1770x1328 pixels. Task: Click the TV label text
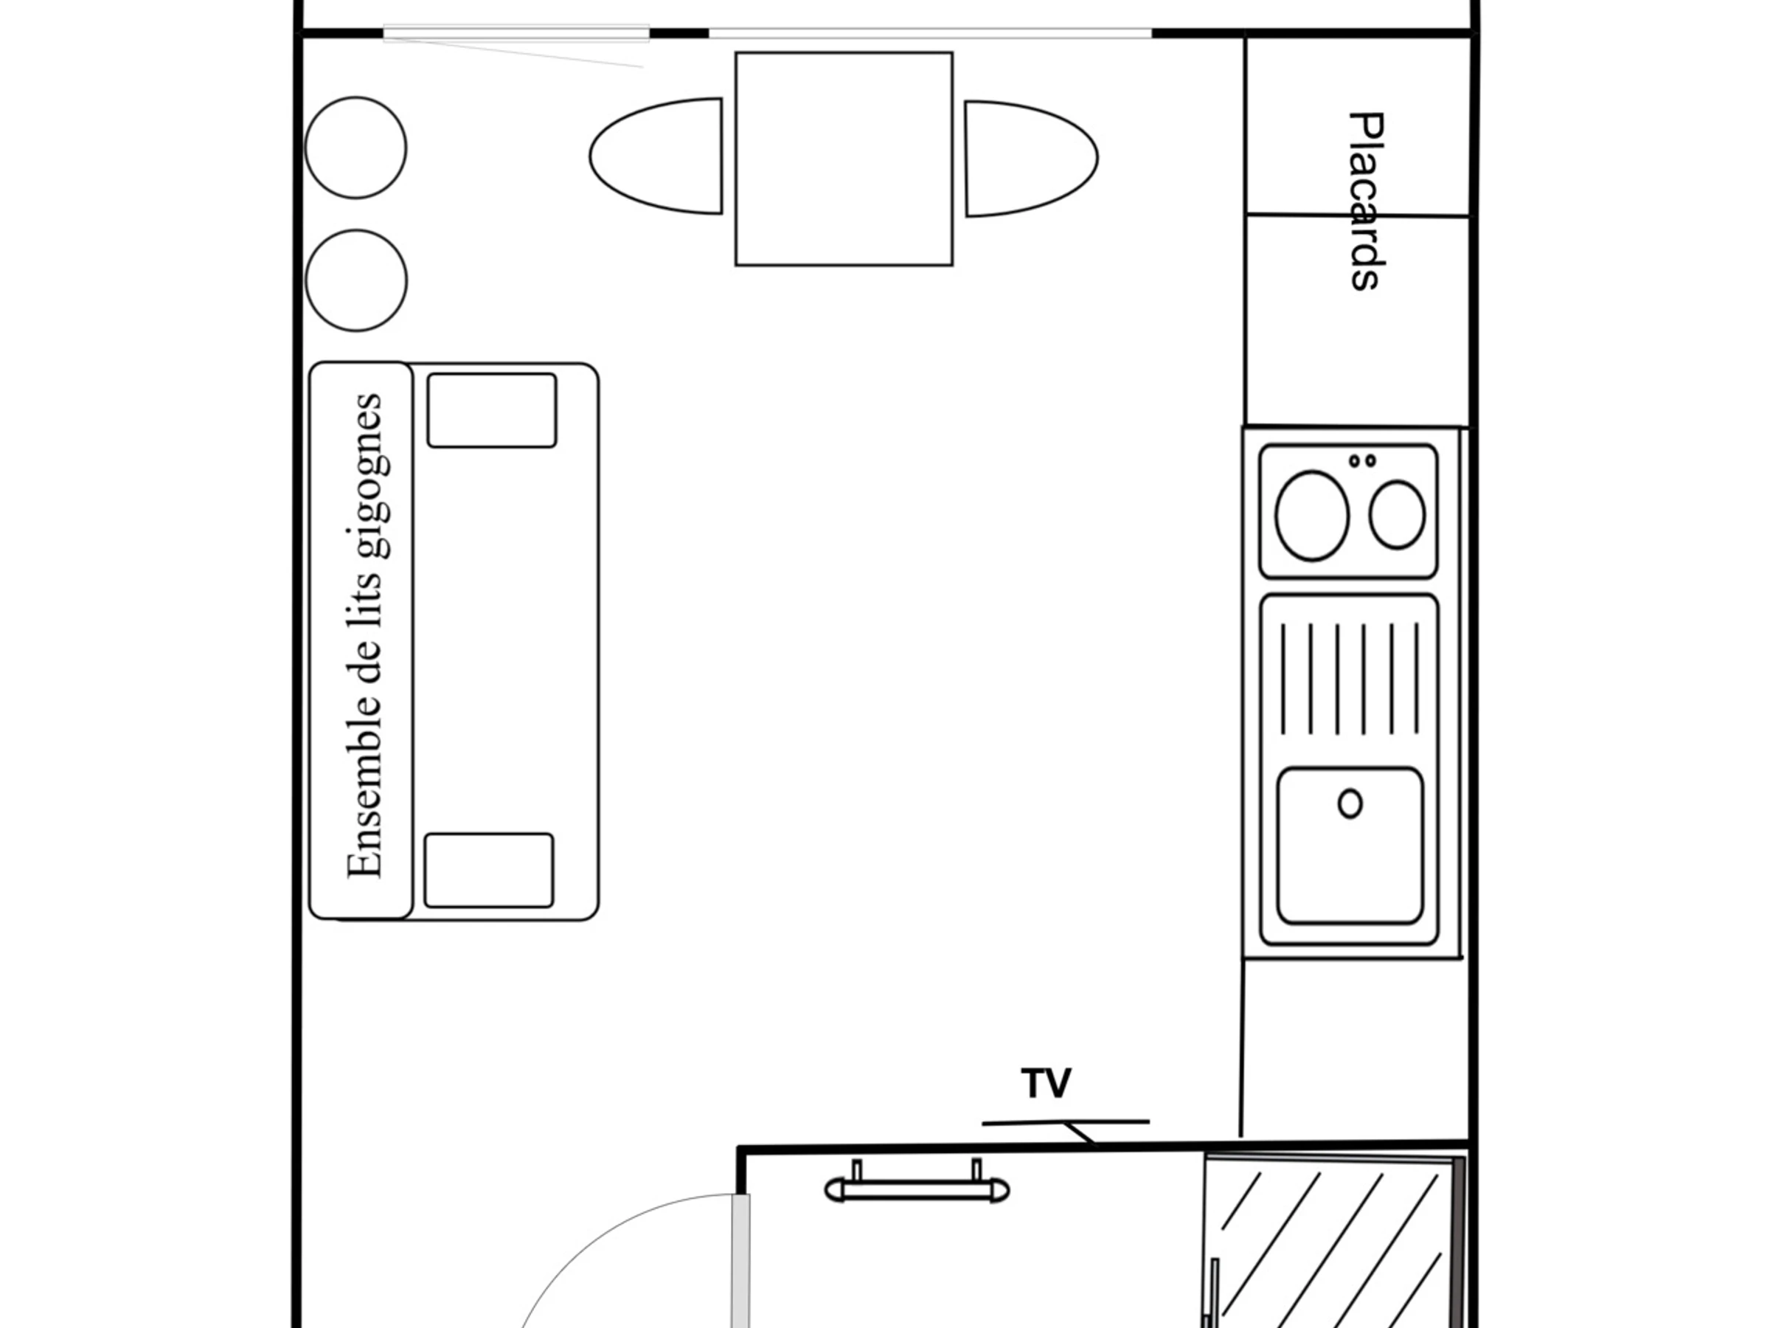[1046, 1083]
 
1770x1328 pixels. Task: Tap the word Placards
[1367, 201]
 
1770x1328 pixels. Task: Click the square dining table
[844, 159]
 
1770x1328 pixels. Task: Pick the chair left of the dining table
[656, 156]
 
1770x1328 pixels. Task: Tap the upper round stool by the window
[356, 148]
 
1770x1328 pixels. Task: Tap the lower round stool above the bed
[357, 281]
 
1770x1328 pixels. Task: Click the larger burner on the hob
[1311, 516]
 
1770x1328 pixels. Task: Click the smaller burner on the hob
[1397, 515]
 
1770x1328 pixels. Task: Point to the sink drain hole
[1350, 803]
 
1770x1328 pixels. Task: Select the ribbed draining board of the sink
[1350, 678]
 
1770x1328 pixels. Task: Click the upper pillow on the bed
[492, 410]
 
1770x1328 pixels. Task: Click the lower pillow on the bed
[489, 870]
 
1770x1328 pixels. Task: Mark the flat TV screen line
[1066, 1122]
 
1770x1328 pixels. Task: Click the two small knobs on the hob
[1363, 461]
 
